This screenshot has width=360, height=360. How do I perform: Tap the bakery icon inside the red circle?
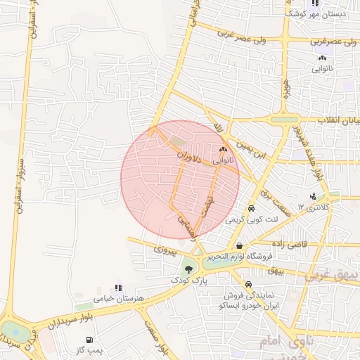tap(224, 149)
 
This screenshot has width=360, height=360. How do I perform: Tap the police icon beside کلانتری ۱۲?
tap(313, 196)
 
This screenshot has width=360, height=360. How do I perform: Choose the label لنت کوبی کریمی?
tap(251, 220)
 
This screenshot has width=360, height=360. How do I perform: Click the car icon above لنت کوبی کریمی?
tap(251, 209)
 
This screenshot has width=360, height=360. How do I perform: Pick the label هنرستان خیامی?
tap(118, 299)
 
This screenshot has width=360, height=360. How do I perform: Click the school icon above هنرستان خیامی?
tap(118, 288)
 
